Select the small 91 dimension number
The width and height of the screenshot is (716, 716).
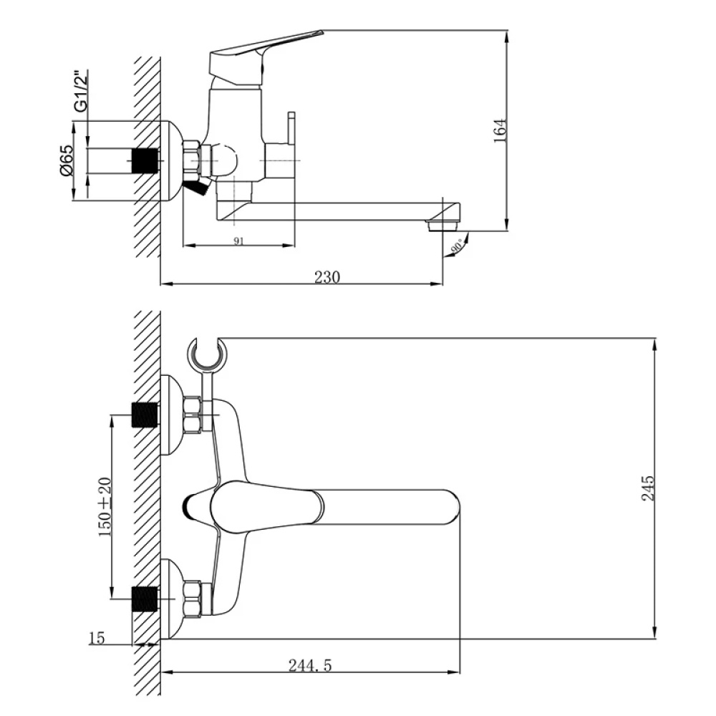pyautogui.click(x=238, y=241)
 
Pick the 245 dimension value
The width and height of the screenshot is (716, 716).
pyautogui.click(x=649, y=488)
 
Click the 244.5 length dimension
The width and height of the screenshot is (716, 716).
pyautogui.click(x=310, y=665)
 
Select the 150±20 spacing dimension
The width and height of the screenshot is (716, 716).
pyautogui.click(x=105, y=506)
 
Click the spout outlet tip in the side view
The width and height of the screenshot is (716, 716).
pyautogui.click(x=441, y=225)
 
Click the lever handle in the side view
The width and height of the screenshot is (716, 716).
pyautogui.click(x=265, y=47)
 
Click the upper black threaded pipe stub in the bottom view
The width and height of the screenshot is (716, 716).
pyautogui.click(x=145, y=415)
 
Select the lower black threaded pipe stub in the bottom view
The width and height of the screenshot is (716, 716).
pyautogui.click(x=145, y=598)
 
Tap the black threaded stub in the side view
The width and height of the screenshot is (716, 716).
pyautogui.click(x=146, y=161)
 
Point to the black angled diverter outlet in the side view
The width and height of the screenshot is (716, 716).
pyautogui.click(x=195, y=187)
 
